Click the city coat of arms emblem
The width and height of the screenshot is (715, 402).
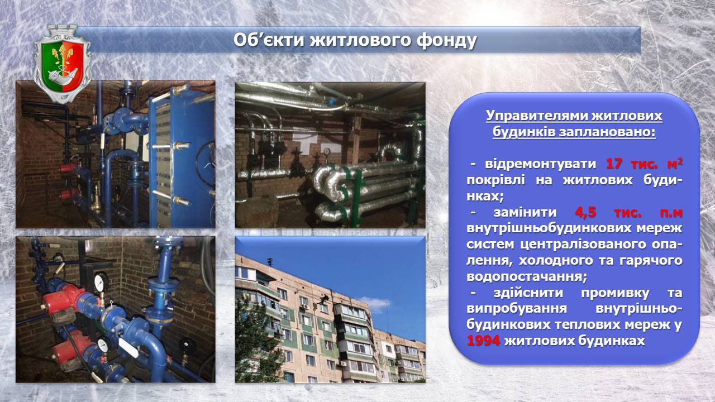pyautogui.click(x=62, y=64)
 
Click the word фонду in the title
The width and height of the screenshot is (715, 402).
pyautogui.click(x=446, y=41)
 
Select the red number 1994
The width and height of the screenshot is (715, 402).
pyautogui.click(x=483, y=341)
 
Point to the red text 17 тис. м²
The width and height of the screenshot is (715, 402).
pyautogui.click(x=644, y=164)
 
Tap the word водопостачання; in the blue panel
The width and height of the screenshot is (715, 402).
pyautogui.click(x=527, y=276)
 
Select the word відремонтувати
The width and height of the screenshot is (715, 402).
pyautogui.click(x=540, y=164)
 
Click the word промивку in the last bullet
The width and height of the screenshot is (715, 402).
pyautogui.click(x=615, y=293)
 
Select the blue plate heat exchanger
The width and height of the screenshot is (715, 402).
pyautogui.click(x=182, y=156)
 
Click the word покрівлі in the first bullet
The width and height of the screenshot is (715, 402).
pyautogui.click(x=495, y=180)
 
